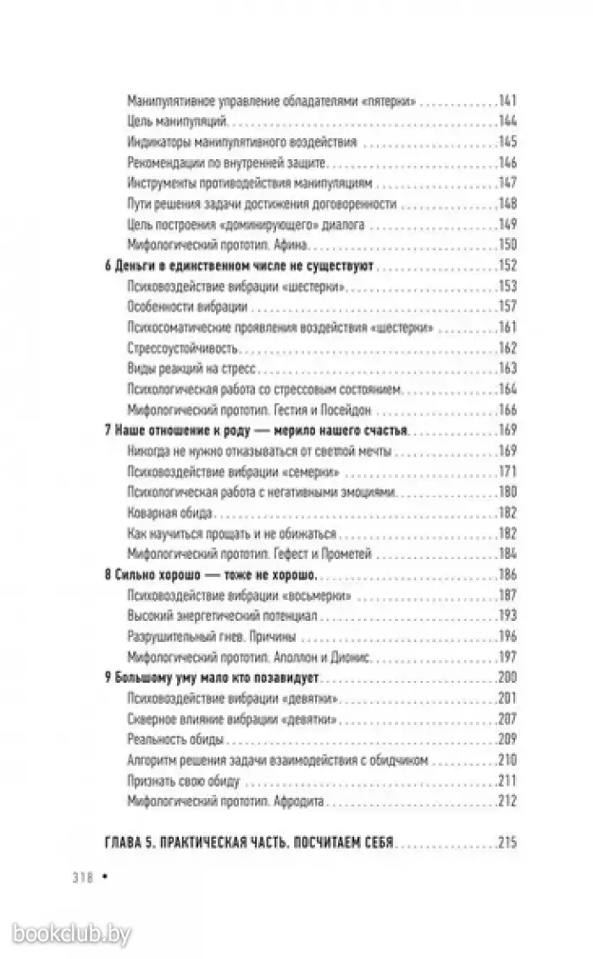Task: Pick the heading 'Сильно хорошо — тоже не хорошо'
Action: coord(209,575)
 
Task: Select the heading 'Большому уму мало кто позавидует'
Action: coord(218,677)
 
